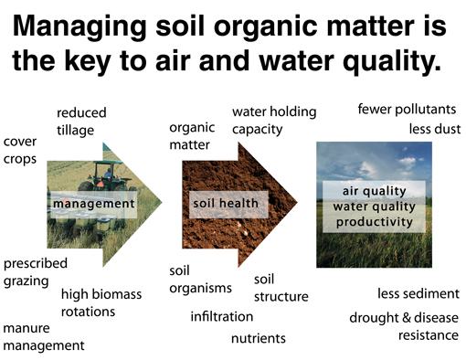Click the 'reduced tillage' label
[x=81, y=122]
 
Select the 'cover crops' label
[x=21, y=151]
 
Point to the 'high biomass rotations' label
[x=101, y=302]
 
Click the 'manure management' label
[x=43, y=336]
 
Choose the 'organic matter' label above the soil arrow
[x=190, y=136]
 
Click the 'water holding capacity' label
[x=274, y=121]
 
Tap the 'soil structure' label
[x=281, y=288]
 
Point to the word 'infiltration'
[x=221, y=316]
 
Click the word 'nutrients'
[x=258, y=338]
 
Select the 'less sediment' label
[x=418, y=293]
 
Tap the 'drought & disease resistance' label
[x=403, y=326]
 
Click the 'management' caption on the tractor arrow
[x=94, y=202]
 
